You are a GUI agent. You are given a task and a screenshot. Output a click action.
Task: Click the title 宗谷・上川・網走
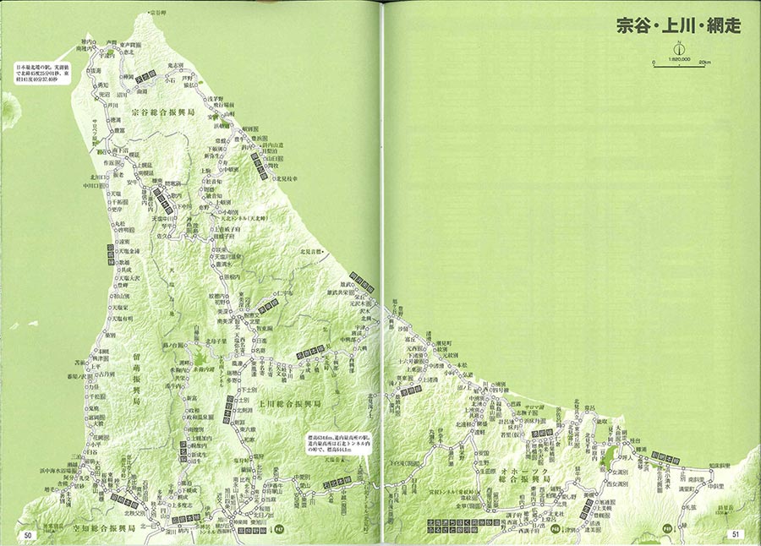(x=679, y=25)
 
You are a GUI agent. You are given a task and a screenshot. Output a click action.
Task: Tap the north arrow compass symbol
(x=678, y=49)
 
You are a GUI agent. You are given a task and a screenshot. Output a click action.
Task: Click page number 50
(x=28, y=534)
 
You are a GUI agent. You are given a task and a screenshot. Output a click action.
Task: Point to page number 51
(x=736, y=534)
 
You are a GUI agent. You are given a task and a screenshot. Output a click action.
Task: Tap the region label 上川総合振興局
(x=290, y=405)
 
